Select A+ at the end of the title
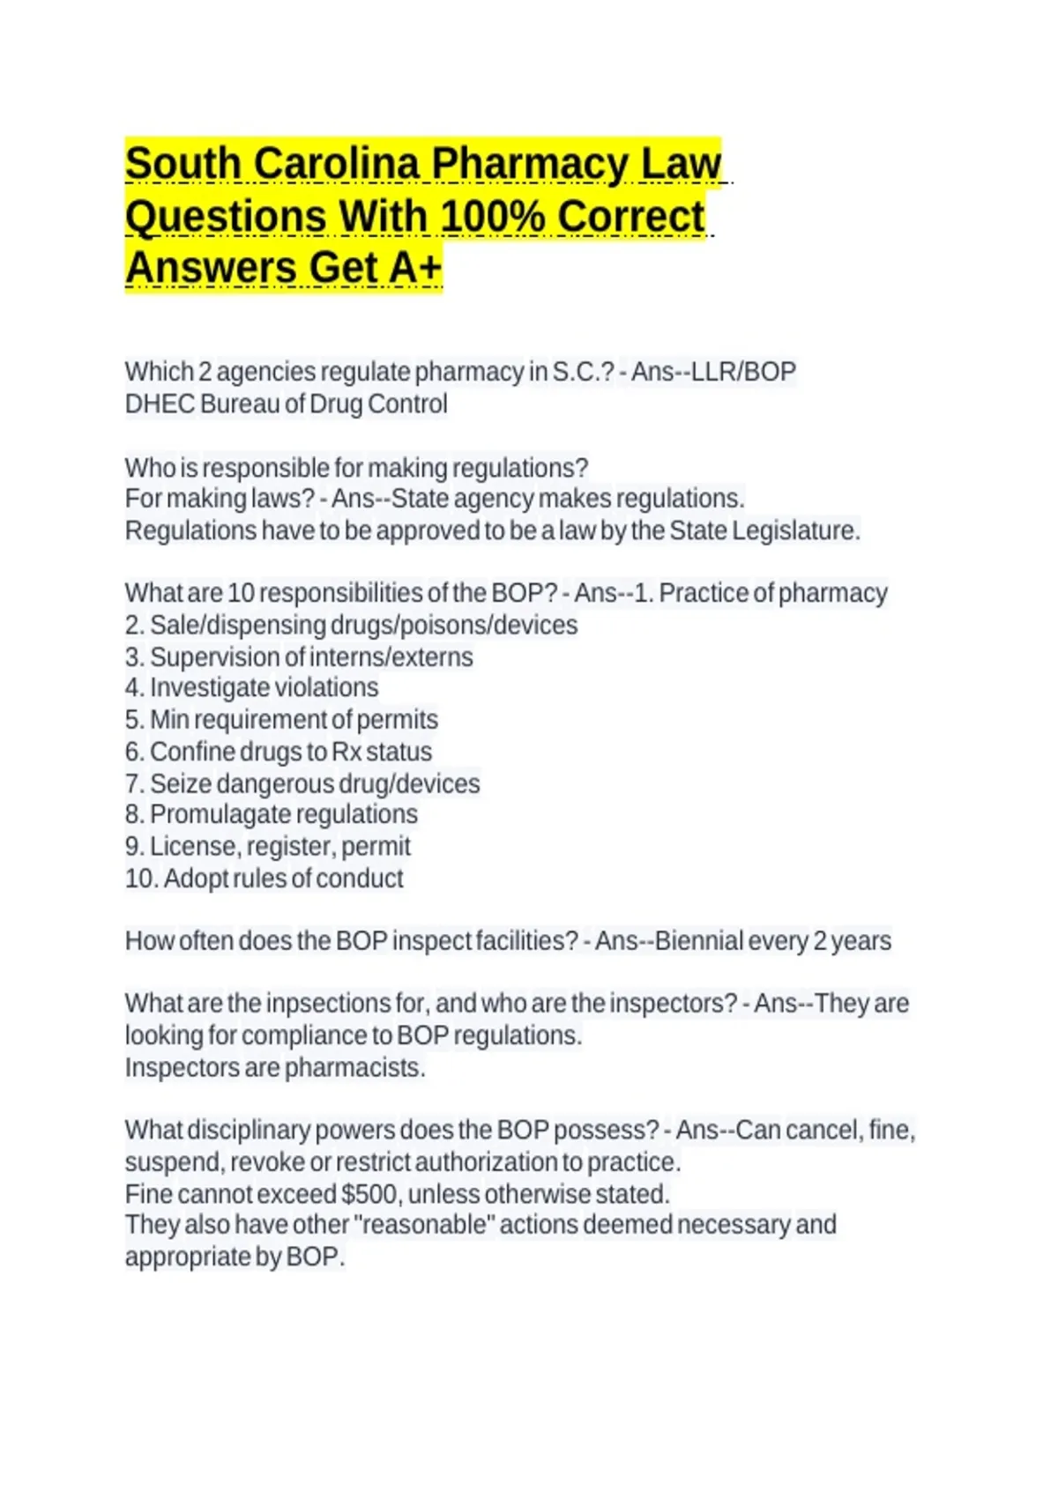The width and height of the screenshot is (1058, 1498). tap(414, 268)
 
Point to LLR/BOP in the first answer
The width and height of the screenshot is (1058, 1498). tap(743, 372)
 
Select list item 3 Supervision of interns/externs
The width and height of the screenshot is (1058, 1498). tap(299, 657)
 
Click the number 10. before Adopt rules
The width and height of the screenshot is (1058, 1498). tap(141, 879)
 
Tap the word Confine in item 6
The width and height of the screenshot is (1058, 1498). tap(192, 752)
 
